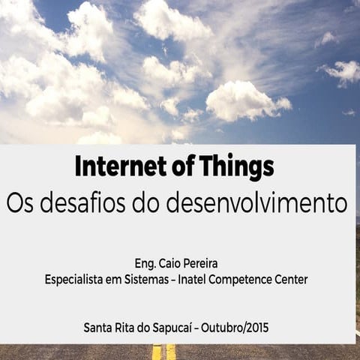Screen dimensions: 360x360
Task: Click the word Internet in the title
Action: pyautogui.click(x=113, y=166)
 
